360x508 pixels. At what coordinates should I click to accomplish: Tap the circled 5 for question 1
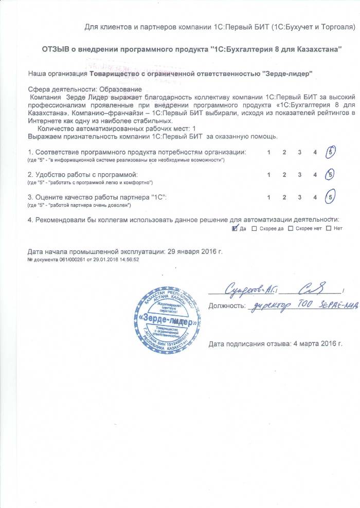point(331,153)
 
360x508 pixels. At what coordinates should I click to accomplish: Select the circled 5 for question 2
point(331,175)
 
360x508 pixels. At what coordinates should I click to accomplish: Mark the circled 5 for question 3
point(331,197)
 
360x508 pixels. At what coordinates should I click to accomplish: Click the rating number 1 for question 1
point(269,153)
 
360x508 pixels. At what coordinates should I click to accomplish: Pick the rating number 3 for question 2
point(299,175)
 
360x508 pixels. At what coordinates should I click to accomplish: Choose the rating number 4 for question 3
point(315,197)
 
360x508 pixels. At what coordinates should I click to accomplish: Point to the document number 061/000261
point(65,260)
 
